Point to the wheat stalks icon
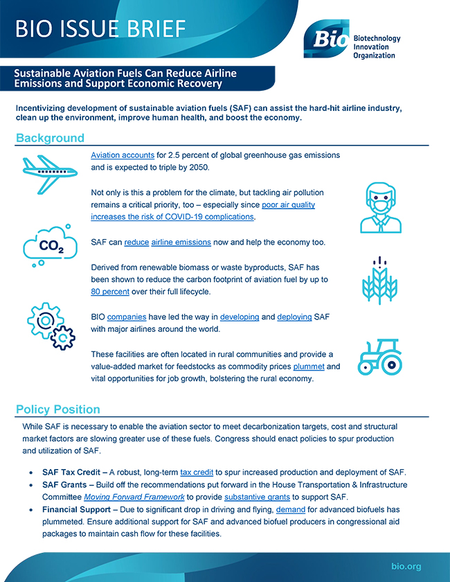tap(379, 281)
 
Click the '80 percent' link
tap(110, 292)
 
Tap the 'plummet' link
tap(308, 366)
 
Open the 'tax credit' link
tap(196, 471)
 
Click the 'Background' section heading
tap(50, 138)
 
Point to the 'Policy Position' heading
tap(58, 409)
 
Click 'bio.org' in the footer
tap(406, 566)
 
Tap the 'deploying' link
tap(294, 317)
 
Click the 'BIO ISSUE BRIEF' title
tap(101, 28)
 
